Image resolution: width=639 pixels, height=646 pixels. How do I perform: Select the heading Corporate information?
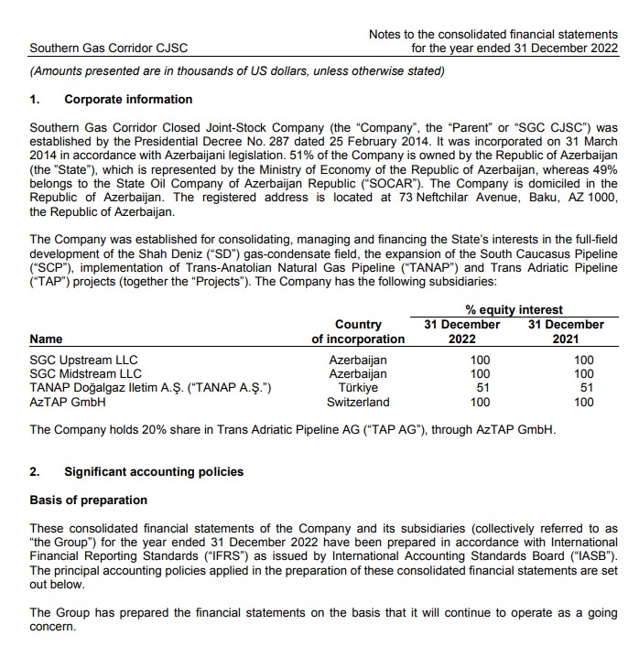tap(128, 99)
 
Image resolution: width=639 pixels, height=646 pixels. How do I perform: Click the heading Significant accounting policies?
tap(154, 471)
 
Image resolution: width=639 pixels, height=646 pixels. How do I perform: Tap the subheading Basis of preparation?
tap(88, 501)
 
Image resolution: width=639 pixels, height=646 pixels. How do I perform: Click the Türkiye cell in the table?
tap(358, 388)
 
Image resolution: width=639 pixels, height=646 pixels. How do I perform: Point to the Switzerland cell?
tap(358, 402)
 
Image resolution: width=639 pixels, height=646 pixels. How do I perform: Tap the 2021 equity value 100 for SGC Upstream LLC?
tap(583, 360)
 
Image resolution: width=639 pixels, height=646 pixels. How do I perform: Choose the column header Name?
tap(48, 339)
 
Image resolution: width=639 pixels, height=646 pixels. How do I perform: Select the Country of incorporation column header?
tap(358, 331)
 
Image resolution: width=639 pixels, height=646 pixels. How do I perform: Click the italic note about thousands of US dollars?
tap(237, 71)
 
